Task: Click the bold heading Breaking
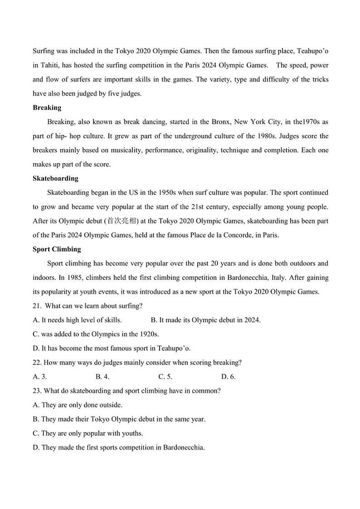click(47, 108)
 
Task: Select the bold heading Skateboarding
click(55, 179)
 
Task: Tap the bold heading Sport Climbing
click(57, 249)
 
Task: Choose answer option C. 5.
click(165, 377)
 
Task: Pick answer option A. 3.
click(40, 377)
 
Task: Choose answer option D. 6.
click(228, 377)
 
